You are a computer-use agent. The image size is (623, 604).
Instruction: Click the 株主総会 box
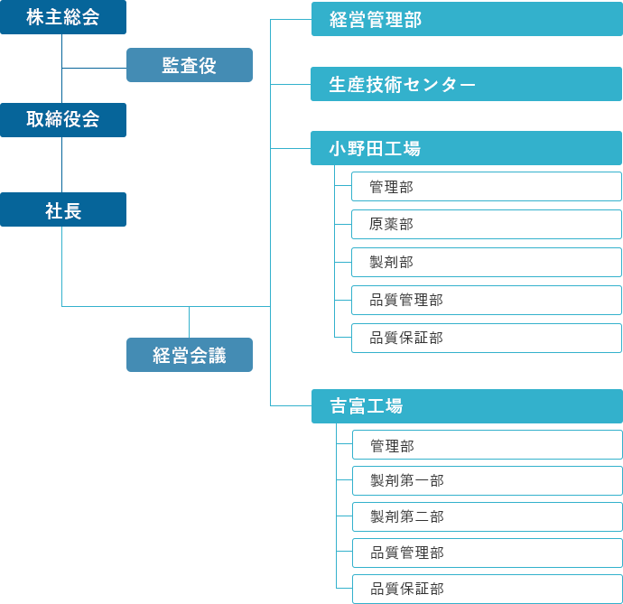(x=62, y=17)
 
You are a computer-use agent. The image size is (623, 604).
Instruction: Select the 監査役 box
(x=189, y=65)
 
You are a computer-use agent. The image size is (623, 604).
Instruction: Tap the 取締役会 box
(x=62, y=119)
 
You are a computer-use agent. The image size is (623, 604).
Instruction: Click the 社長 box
(x=62, y=210)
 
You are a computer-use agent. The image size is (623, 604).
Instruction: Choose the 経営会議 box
(x=189, y=355)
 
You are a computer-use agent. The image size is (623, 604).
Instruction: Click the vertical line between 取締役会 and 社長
(x=61, y=164)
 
